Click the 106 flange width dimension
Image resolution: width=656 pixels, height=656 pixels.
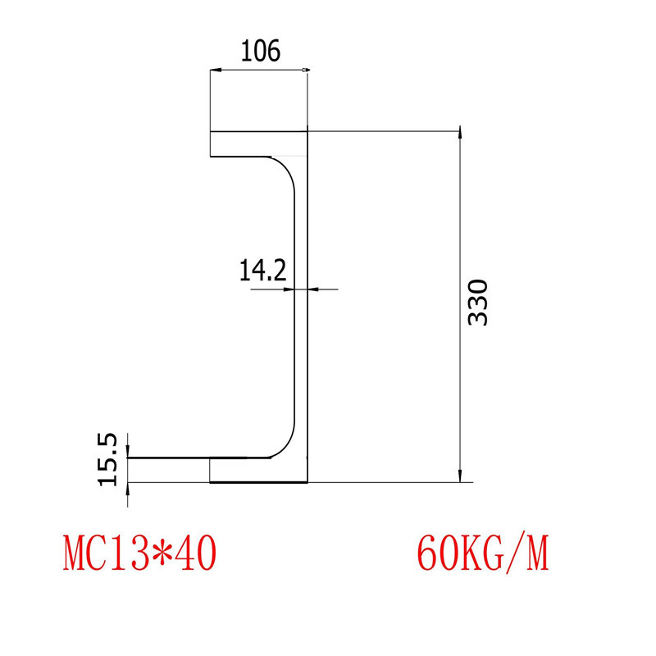260,51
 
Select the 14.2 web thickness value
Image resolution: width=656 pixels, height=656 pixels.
262,270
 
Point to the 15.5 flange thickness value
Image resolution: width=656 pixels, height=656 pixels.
109,459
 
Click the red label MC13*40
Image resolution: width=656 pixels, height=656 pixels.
139,553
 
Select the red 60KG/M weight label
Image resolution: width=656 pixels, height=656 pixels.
482,553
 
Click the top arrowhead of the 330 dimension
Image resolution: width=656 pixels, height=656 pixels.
460,137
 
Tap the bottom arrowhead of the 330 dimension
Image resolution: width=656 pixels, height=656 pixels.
460,476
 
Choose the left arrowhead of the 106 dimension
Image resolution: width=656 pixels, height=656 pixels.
216,71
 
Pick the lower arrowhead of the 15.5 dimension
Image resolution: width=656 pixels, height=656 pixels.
129,489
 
